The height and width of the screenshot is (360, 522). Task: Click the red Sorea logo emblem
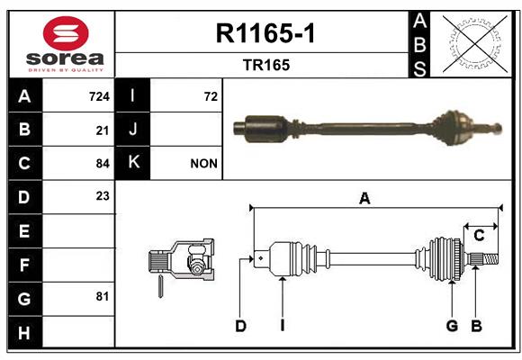[66, 33]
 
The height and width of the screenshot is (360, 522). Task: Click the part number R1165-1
[265, 33]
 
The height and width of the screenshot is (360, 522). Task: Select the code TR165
[266, 65]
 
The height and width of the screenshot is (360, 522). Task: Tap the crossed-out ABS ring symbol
[475, 43]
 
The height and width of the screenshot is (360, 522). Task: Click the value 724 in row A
[99, 96]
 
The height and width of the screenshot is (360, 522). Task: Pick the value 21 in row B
[103, 130]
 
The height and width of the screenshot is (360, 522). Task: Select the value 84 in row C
[103, 164]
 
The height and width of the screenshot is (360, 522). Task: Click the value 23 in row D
[103, 196]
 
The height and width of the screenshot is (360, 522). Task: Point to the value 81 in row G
[103, 296]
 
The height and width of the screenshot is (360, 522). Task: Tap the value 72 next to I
[211, 96]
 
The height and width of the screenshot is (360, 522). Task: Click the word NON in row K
[203, 164]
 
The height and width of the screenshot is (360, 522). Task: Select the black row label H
[25, 332]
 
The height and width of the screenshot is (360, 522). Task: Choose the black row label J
[132, 130]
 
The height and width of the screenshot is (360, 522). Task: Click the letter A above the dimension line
[364, 199]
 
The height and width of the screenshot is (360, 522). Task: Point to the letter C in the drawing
[479, 236]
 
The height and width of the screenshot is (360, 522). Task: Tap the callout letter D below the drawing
[240, 326]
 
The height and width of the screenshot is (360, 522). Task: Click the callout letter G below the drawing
[452, 326]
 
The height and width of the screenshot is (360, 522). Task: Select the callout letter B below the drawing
[476, 326]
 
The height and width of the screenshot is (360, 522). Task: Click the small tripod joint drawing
[181, 263]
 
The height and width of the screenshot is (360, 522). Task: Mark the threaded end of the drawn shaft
[491, 259]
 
